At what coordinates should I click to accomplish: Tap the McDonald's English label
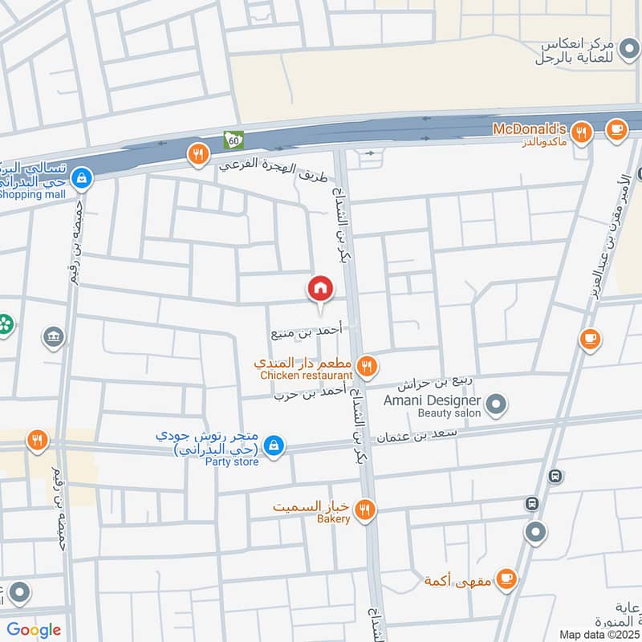530,129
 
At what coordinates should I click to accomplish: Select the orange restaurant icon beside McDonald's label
583,131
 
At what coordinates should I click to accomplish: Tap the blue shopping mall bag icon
80,179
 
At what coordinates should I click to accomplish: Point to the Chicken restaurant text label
306,375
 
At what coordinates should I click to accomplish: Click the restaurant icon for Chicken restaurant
367,367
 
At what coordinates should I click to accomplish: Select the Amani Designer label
431,400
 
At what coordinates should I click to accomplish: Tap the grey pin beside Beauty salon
497,404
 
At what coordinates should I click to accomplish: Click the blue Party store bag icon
274,445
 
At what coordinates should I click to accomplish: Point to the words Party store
232,461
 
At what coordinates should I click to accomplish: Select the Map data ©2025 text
599,634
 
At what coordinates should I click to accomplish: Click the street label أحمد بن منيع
306,330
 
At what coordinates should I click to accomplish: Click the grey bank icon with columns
54,335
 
